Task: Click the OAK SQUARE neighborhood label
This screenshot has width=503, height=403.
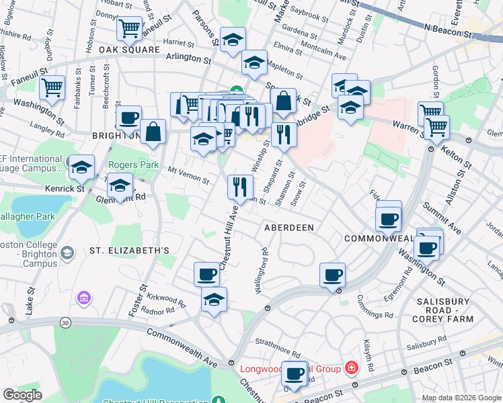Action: pos(130,50)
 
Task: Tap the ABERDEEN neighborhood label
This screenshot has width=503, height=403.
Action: pos(289,228)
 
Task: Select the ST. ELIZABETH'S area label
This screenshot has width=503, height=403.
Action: pos(130,251)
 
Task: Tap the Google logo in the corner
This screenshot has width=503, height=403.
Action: pos(23,395)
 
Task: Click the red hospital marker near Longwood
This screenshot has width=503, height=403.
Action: pos(351,367)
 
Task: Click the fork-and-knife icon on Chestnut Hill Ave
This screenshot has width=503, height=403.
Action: pos(241,186)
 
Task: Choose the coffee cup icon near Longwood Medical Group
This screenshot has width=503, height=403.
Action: pos(294,373)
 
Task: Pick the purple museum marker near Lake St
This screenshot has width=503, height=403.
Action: pos(84,298)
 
